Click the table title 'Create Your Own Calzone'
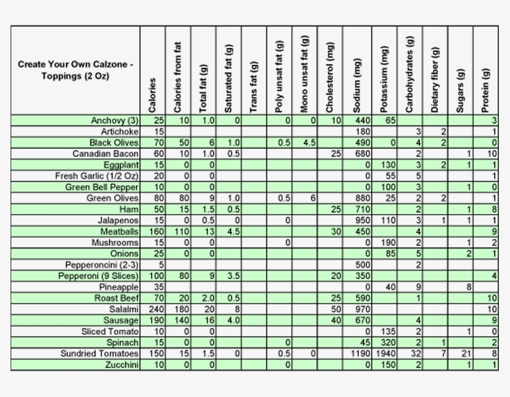point(75,70)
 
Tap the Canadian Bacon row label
point(105,154)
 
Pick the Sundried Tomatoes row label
point(99,353)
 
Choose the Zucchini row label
point(121,365)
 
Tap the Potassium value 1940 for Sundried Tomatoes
point(385,353)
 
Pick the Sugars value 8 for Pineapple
point(469,287)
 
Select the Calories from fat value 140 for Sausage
point(181,320)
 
